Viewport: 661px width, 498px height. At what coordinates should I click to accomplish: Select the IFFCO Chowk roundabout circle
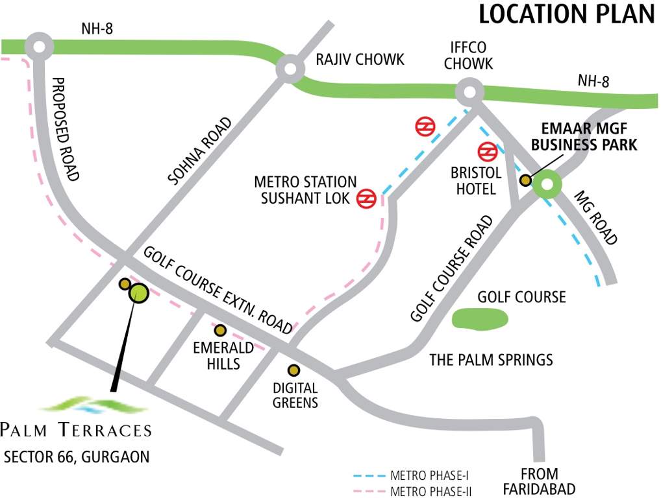coord(470,92)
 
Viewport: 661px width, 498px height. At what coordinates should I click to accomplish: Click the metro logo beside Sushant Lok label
coord(367,198)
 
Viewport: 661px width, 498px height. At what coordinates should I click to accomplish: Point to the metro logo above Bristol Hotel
coord(487,152)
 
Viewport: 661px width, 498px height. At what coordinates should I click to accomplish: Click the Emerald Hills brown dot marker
coord(221,330)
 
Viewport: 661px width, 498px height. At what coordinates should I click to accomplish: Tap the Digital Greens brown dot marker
coord(294,370)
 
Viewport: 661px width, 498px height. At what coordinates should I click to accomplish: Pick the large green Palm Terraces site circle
coord(139,293)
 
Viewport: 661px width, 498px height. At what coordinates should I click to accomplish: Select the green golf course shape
coord(479,318)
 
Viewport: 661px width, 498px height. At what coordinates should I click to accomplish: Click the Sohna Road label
coord(199,150)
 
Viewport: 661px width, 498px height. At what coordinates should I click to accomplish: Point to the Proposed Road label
coord(66,130)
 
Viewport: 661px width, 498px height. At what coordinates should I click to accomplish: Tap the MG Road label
coord(595,218)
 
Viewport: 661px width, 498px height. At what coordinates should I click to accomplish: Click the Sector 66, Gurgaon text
coord(77,456)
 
